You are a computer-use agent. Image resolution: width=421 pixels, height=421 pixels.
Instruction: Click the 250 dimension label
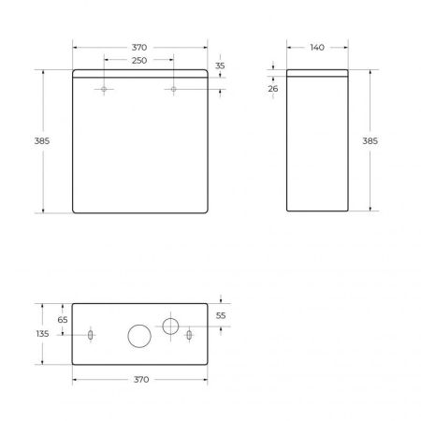tap(138, 60)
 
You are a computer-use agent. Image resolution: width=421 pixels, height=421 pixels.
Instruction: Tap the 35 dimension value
tap(220, 66)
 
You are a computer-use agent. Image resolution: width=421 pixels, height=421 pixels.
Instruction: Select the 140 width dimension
tap(317, 47)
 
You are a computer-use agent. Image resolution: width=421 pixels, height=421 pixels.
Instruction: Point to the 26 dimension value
tap(272, 89)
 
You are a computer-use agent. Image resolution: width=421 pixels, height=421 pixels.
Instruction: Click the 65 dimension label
tap(62, 319)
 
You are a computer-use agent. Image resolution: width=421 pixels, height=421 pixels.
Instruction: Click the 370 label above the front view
tap(138, 47)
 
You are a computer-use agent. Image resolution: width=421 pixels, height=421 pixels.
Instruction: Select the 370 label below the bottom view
tap(138, 381)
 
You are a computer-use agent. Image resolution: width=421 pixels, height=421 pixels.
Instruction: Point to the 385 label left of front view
tap(41, 140)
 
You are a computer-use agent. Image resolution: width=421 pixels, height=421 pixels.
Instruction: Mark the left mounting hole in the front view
tap(104, 90)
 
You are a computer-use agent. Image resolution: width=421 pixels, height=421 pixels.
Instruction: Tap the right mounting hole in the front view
tap(173, 90)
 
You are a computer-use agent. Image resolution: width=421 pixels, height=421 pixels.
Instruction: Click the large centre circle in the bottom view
tap(138, 335)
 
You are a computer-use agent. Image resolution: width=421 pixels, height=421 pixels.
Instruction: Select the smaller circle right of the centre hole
tap(170, 326)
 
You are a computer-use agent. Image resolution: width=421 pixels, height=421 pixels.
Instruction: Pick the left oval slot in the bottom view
tap(89, 335)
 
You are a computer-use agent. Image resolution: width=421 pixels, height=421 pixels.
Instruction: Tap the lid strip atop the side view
tap(317, 74)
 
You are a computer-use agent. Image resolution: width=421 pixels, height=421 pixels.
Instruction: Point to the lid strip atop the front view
tap(138, 74)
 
